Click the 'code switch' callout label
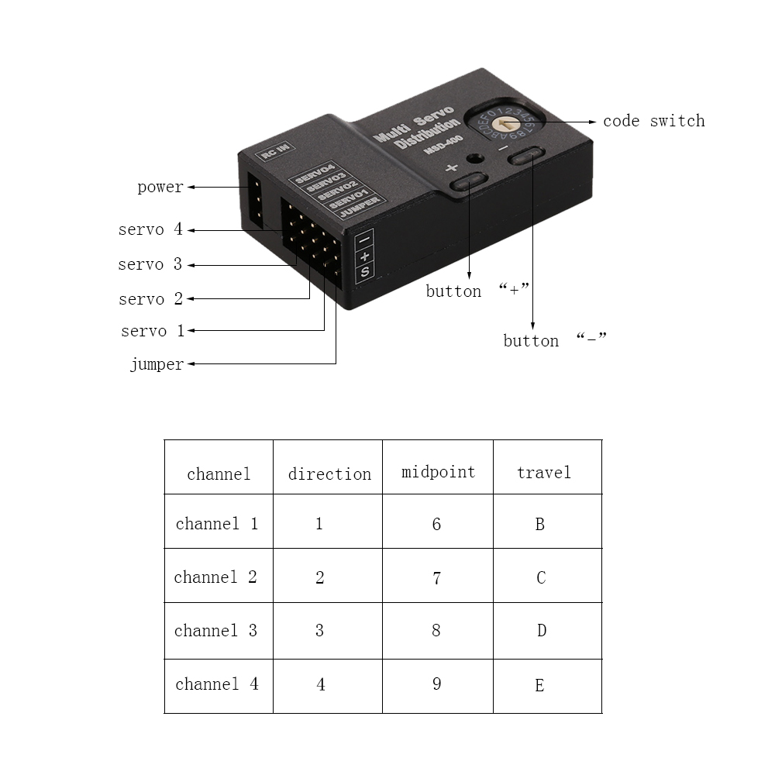(x=654, y=121)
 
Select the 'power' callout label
(x=160, y=188)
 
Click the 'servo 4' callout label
(x=150, y=229)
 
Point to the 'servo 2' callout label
(x=151, y=299)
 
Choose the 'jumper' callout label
(x=157, y=364)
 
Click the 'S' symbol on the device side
(x=365, y=271)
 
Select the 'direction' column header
(x=329, y=474)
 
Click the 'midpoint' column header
(x=438, y=473)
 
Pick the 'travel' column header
(x=544, y=473)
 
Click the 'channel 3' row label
(x=215, y=631)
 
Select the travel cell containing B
(x=539, y=525)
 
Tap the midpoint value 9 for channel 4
(x=436, y=684)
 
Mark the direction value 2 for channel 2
(x=320, y=577)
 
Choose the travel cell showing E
(x=539, y=686)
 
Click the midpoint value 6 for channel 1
(x=436, y=525)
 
